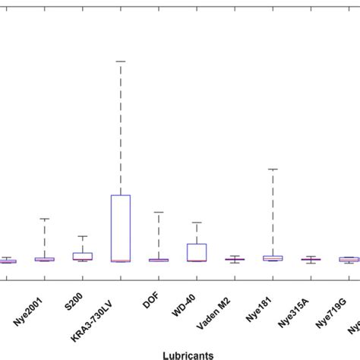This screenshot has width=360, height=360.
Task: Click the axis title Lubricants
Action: pos(188,354)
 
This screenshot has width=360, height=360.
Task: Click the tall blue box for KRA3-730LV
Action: pos(121,228)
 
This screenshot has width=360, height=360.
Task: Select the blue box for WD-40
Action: pos(197,252)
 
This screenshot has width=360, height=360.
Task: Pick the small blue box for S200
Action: pos(83,256)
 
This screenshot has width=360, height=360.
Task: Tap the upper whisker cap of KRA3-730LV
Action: pos(121,61)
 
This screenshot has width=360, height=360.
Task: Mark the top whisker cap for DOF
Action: pos(159,213)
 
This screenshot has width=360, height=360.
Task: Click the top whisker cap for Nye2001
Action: pos(45,219)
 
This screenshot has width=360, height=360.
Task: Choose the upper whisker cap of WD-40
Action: pos(197,223)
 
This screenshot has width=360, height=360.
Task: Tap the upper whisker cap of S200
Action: pos(83,236)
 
